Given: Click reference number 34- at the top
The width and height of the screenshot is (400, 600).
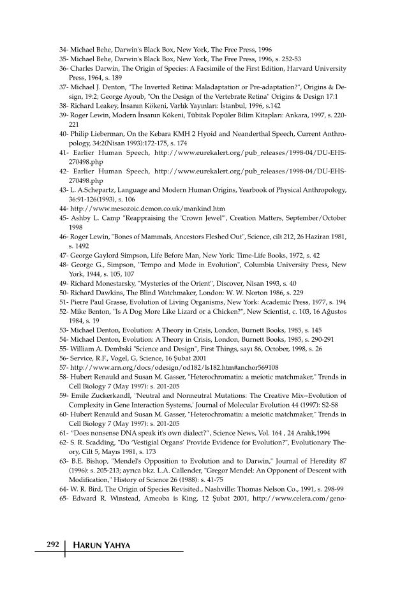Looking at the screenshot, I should pyautogui.click(x=63, y=48).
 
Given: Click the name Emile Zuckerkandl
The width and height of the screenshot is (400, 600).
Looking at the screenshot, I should pyautogui.click(x=101, y=396).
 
